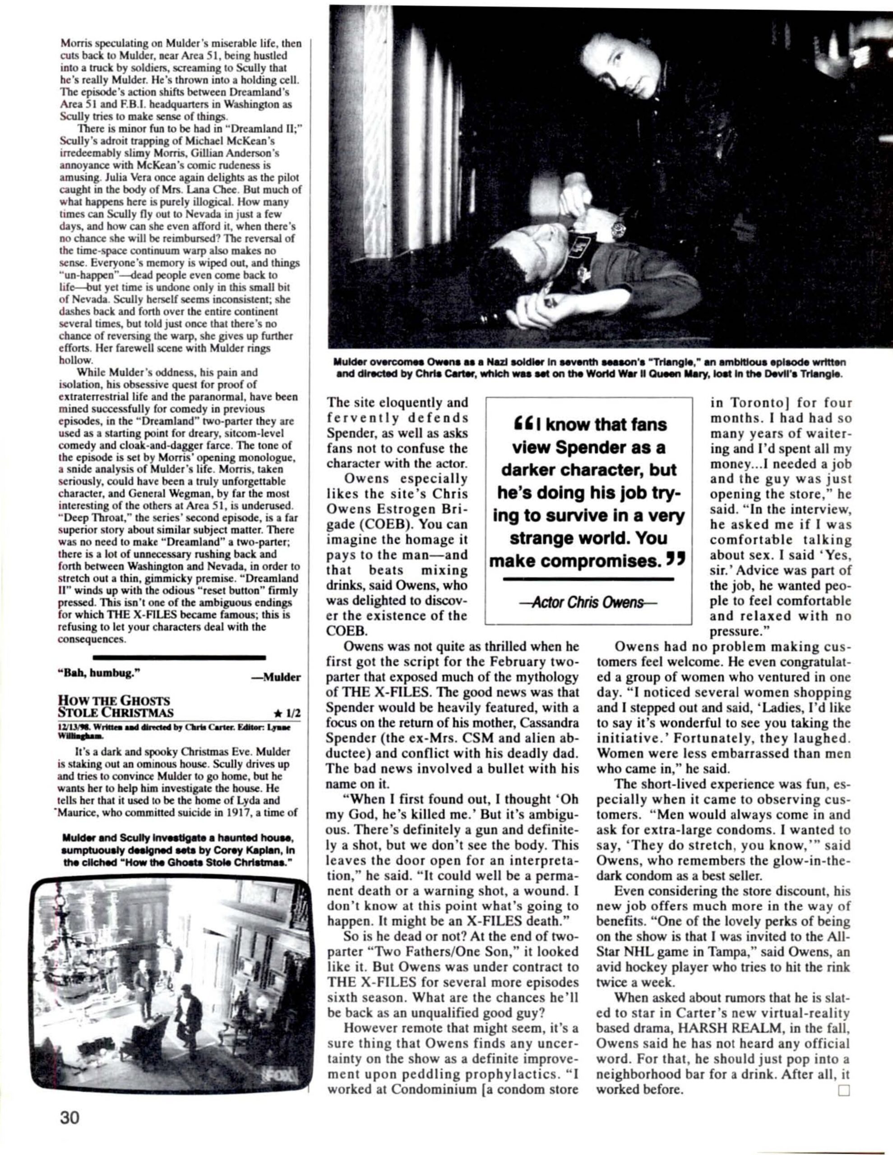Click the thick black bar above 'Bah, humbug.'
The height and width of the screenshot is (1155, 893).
179,657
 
